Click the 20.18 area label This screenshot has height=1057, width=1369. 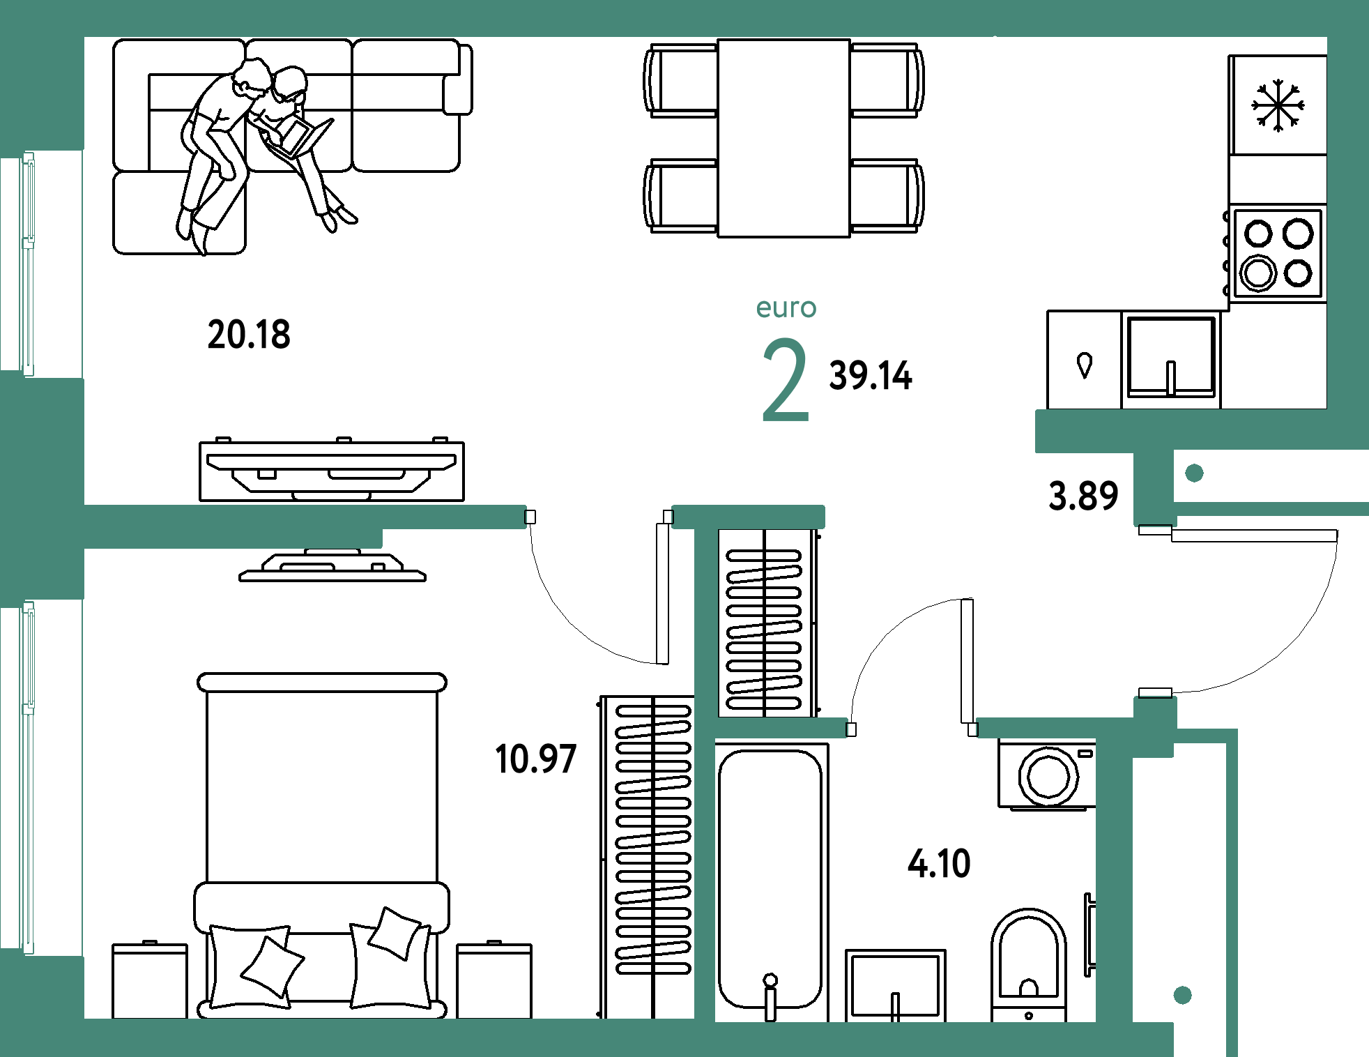tap(249, 334)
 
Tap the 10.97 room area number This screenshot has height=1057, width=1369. tap(535, 759)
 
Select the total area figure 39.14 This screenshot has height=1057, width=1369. tap(871, 376)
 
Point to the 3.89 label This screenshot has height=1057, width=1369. tap(1083, 496)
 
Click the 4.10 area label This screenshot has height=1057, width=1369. tap(939, 863)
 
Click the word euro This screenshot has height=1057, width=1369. tap(786, 308)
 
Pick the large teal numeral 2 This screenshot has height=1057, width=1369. tap(785, 380)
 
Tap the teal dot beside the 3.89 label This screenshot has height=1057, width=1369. tap(1194, 473)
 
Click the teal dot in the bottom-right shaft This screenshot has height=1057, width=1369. tap(1182, 995)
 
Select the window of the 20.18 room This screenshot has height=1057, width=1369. tap(28, 264)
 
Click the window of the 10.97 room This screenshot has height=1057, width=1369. tap(28, 777)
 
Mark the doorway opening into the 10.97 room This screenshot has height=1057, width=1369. tap(599, 517)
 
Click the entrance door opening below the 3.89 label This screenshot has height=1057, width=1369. tap(1156, 611)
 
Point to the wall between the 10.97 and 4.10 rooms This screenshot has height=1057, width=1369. tap(705, 872)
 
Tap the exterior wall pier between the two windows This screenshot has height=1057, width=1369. tap(42, 488)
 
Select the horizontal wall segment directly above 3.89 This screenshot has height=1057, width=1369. tap(1115, 430)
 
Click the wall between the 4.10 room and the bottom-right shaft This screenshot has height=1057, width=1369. tap(1113, 879)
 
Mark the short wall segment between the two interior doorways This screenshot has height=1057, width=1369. tap(747, 517)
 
